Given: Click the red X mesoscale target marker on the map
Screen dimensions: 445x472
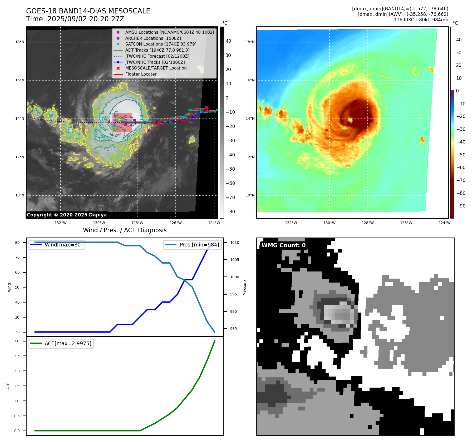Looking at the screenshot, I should tap(109, 122).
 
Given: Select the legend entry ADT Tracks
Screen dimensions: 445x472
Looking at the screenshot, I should tap(157, 50).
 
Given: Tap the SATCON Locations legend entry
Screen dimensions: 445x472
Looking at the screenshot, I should tap(161, 44).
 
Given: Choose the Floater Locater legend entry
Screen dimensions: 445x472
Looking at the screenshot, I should tap(141, 74).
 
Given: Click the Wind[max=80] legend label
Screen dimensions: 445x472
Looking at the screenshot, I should tap(63, 245).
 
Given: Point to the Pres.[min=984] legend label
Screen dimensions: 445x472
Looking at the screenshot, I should tap(199, 245).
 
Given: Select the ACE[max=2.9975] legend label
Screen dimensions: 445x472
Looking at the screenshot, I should tap(68, 343).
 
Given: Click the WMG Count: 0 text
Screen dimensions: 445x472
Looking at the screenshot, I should tap(283, 245).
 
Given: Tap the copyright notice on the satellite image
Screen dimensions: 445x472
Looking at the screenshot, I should tap(67, 215).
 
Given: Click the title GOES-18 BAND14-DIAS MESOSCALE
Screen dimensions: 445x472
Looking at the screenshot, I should tap(88, 11).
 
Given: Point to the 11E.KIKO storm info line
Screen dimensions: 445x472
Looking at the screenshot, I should tap(421, 20).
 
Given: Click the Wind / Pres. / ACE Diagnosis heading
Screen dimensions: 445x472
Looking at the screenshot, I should tap(125, 230).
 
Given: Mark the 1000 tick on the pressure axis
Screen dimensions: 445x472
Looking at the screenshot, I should tap(234, 277).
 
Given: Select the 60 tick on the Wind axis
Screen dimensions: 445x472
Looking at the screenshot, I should tap(17, 272).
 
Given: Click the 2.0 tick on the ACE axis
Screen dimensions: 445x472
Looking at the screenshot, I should tap(17, 371).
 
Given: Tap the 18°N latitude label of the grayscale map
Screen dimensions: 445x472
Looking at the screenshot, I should tap(20, 42).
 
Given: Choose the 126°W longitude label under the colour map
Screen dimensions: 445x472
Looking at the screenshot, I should tap(406, 223).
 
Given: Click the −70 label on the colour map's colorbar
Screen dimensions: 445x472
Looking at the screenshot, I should tap(461, 180).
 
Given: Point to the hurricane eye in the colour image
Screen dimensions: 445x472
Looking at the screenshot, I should tap(351, 120).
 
